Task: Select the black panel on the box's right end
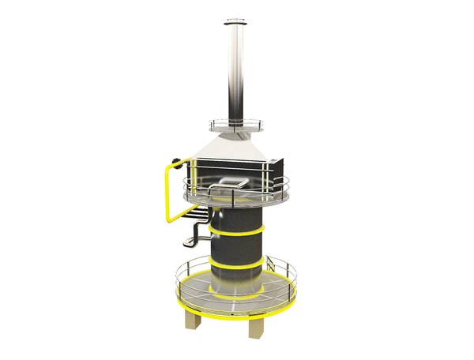point(277,168)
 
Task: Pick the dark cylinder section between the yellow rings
point(237,246)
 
